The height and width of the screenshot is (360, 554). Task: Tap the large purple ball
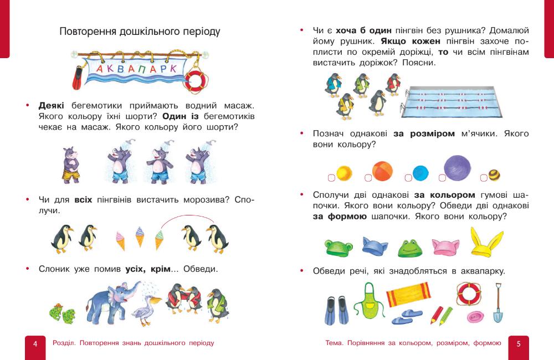(457, 168)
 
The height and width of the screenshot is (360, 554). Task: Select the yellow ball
(344, 173)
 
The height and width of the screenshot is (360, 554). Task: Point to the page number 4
(35, 343)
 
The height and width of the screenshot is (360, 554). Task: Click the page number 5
(519, 343)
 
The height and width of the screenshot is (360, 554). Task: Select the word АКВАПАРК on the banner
(136, 69)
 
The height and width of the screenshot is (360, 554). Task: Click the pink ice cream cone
(120, 239)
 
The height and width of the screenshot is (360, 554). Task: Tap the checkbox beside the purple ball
(442, 178)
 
